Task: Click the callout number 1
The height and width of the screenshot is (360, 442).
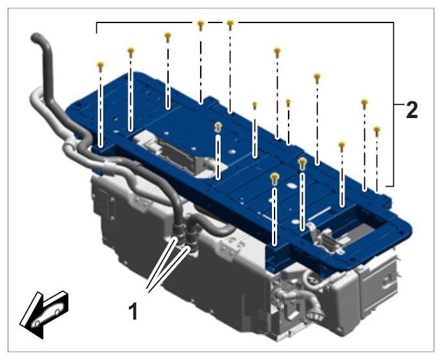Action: [133, 311]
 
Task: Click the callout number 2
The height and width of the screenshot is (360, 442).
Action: [411, 110]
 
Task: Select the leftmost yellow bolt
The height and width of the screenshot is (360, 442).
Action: [100, 66]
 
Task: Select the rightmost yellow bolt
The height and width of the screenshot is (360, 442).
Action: [377, 131]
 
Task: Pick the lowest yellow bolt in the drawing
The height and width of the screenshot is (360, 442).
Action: [275, 178]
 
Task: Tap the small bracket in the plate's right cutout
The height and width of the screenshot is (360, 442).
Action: [324, 236]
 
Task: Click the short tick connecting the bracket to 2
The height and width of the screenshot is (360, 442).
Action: [399, 105]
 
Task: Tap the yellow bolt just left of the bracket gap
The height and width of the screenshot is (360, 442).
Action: [200, 25]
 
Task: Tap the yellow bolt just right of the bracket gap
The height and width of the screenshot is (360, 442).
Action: [230, 25]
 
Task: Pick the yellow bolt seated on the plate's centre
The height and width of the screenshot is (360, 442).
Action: [218, 126]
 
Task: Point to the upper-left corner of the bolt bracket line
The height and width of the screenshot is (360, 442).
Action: [97, 22]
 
